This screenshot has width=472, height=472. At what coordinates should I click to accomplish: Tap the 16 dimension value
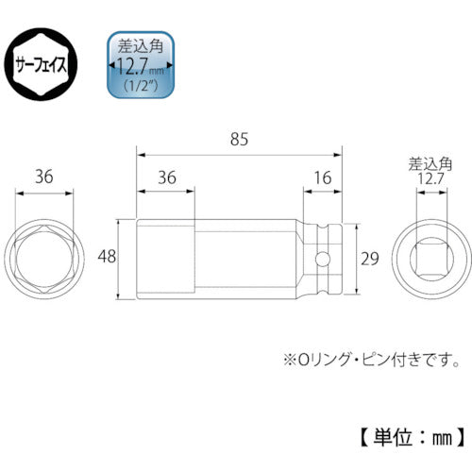coord(323,175)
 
